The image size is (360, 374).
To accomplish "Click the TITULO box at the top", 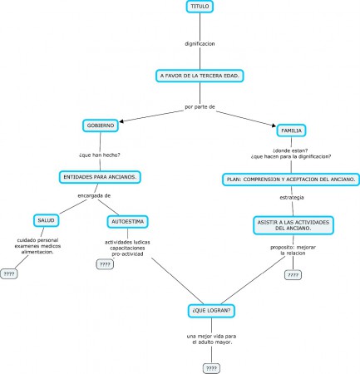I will coord(200,7).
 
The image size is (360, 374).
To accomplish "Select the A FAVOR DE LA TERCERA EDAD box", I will coord(200,76).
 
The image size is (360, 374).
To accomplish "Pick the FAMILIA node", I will coord(292,130).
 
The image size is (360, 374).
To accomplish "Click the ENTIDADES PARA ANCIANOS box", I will coord(100,176).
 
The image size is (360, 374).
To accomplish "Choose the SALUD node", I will coord(45,220).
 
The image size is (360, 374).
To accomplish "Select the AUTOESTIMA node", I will coord(127,222).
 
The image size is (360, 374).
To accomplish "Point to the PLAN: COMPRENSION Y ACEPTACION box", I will coord(292,179).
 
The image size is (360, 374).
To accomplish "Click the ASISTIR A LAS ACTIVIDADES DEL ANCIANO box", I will coord(293,225).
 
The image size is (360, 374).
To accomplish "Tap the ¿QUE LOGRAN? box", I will coord(211,311).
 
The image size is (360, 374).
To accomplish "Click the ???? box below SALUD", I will coord(10,273).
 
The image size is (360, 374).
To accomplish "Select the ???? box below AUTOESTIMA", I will coord(106,264).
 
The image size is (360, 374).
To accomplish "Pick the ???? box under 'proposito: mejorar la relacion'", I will coord(293,274).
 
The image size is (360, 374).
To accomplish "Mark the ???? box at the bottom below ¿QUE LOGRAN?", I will coord(211,367).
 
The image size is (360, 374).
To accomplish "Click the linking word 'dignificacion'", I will coord(200,42).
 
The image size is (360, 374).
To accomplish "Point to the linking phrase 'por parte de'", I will coord(200,107).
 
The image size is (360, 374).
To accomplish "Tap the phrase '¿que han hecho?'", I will coord(99,155).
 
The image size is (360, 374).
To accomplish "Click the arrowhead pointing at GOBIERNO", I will coord(122,124).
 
